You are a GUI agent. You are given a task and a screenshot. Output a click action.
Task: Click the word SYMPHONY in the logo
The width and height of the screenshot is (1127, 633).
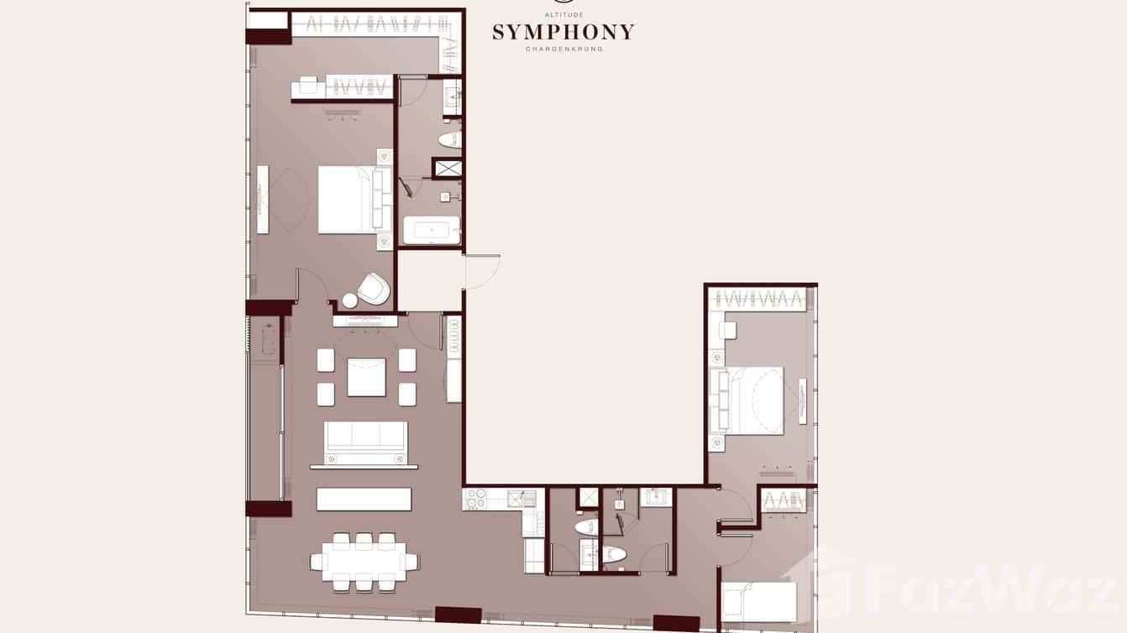click(563, 33)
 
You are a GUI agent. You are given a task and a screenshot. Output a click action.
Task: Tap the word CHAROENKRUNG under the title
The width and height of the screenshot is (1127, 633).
click(563, 50)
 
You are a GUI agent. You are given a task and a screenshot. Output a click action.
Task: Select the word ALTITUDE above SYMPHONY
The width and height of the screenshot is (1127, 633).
click(563, 15)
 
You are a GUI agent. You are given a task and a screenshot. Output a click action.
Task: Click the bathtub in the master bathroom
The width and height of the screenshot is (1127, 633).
click(431, 230)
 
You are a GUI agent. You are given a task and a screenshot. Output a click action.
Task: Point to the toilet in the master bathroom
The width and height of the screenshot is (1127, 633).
click(450, 139)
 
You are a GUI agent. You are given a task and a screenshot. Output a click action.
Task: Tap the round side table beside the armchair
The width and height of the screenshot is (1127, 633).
click(349, 301)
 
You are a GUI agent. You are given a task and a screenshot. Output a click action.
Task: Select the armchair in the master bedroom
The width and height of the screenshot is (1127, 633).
click(374, 289)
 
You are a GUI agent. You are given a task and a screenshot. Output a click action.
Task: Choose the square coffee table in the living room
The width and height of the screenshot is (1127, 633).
click(366, 377)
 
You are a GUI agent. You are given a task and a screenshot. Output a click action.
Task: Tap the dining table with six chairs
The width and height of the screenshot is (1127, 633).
click(364, 562)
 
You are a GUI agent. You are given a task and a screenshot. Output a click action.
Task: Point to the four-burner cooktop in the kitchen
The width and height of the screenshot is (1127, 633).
click(475, 499)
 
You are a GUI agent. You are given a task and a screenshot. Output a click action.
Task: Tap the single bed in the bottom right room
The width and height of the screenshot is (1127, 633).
click(757, 601)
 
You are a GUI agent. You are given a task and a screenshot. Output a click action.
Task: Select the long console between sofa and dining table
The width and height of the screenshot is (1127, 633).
click(364, 499)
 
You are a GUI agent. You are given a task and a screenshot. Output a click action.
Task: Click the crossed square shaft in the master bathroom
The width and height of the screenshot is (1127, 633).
click(448, 168)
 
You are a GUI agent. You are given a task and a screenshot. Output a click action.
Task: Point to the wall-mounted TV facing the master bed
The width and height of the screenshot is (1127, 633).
click(263, 199)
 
